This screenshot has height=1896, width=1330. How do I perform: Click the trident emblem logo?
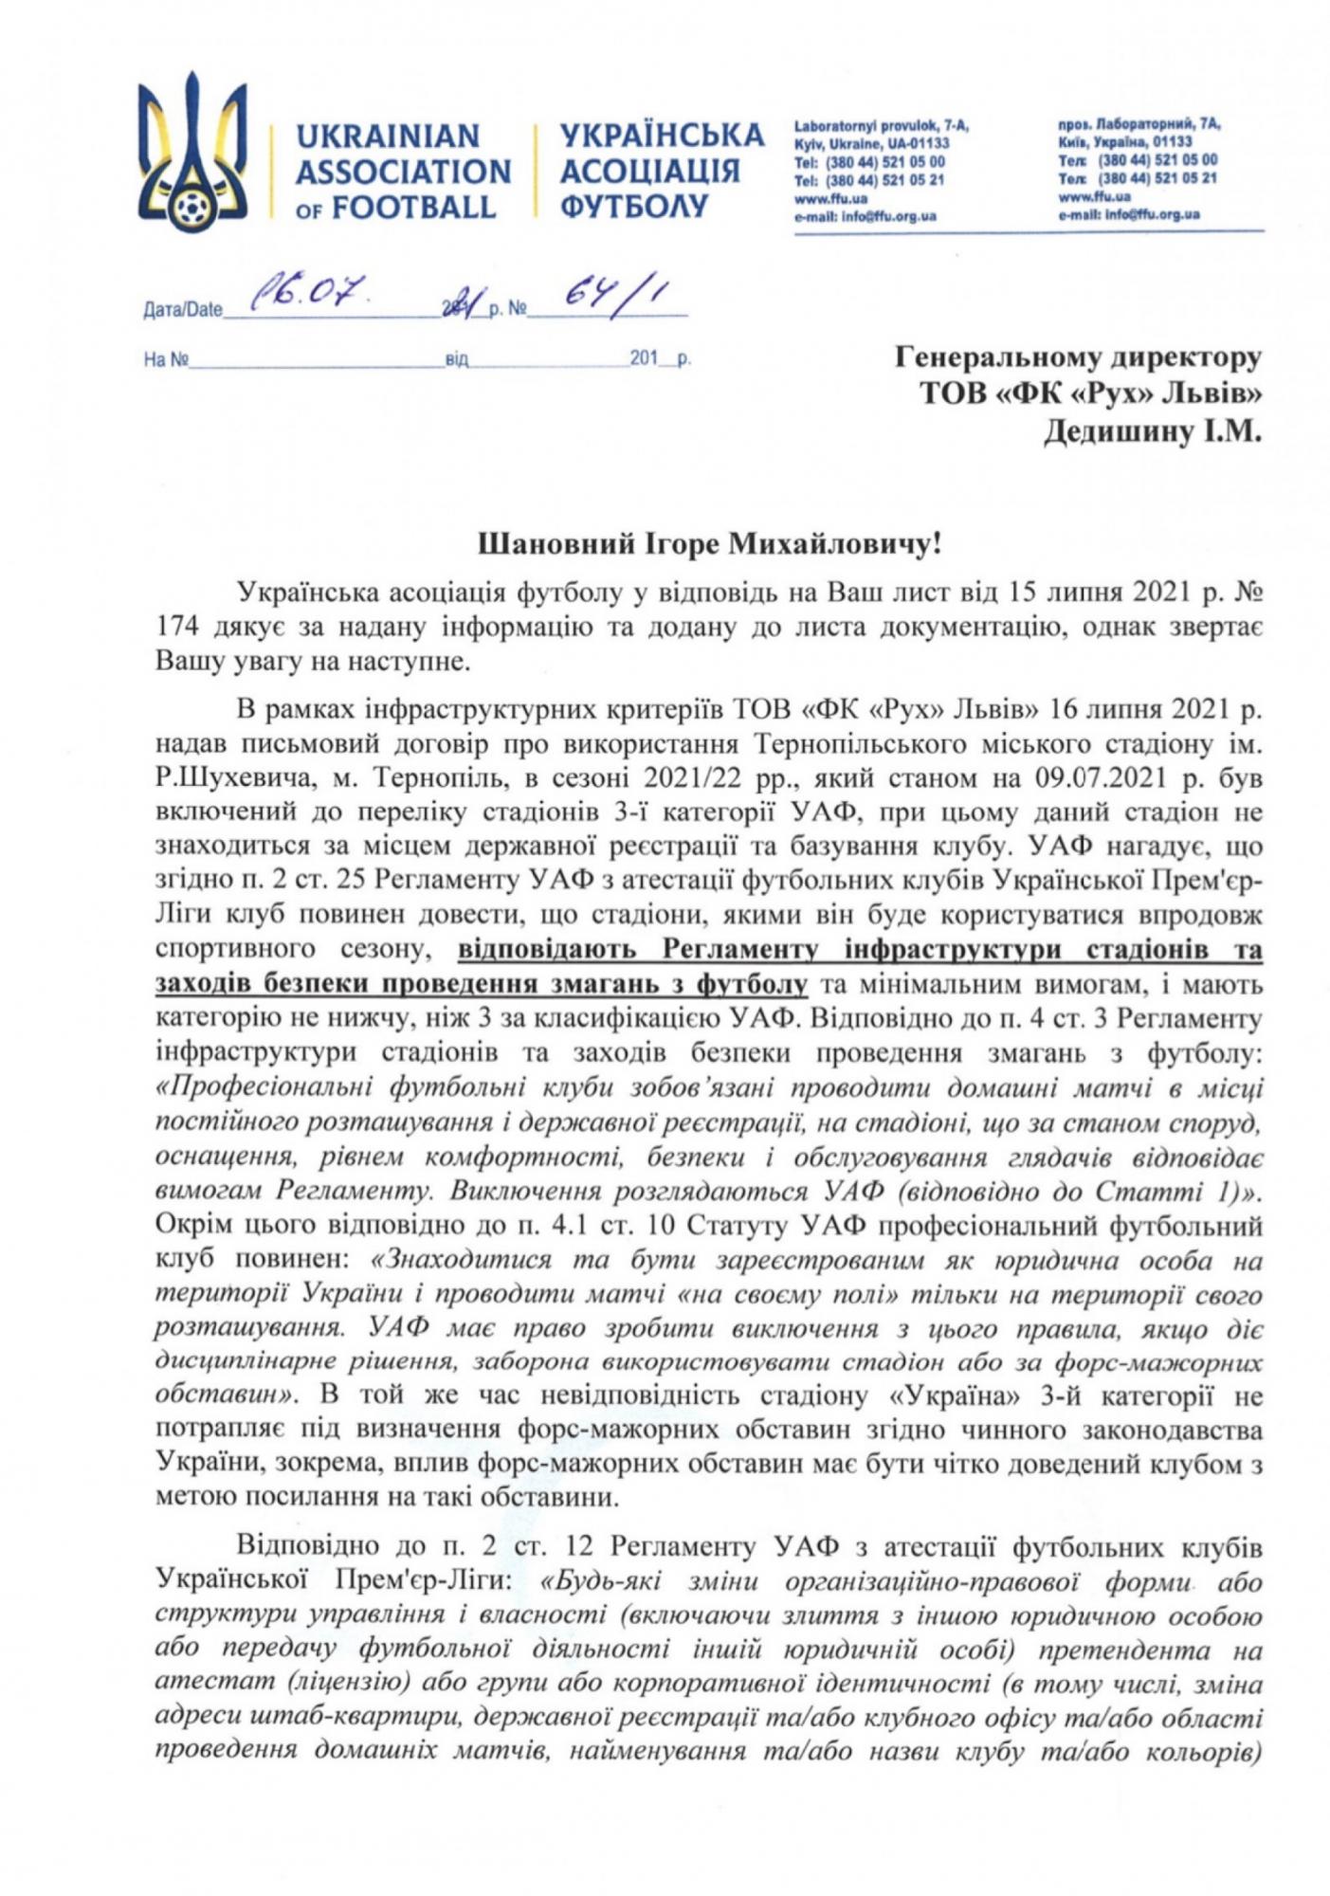(192, 152)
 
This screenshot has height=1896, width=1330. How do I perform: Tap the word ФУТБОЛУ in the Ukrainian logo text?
(634, 206)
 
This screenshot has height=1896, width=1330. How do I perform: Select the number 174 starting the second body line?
(175, 627)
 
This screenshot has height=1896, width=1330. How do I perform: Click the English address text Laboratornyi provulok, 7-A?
(881, 125)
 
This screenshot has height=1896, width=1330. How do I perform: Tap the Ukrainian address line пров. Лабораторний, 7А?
(1139, 124)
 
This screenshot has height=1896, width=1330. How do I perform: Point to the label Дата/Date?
(182, 309)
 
